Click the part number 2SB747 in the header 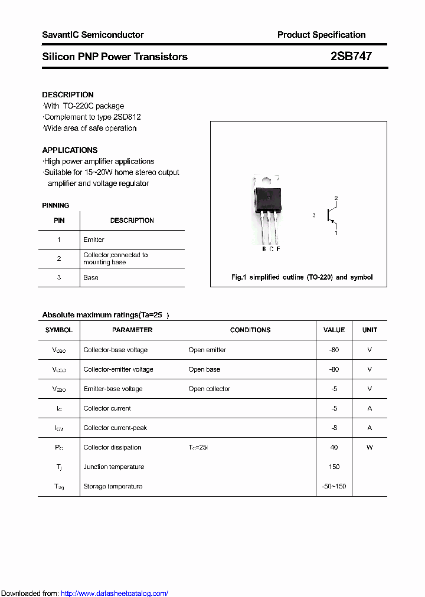(351, 57)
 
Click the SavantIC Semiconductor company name (93, 35)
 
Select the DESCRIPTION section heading (68, 94)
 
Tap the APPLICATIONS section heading (70, 150)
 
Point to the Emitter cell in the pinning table (94, 240)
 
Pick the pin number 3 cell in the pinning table (59, 277)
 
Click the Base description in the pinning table (91, 277)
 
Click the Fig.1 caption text (301, 277)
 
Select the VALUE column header (334, 330)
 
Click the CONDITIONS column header (250, 330)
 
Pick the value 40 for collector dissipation (334, 447)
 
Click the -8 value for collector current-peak (334, 428)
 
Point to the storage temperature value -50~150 (334, 486)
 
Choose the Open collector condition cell (210, 389)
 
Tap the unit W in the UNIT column (370, 447)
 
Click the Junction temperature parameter (114, 467)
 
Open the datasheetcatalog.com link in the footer (115, 593)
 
